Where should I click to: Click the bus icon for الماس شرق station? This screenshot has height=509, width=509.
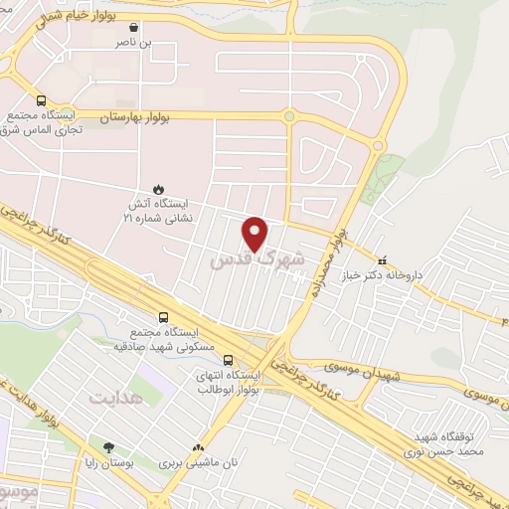coord(41,100)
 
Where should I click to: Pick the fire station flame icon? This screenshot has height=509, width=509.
coord(156,188)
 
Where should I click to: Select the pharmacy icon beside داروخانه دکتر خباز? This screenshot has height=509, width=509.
coord(381,263)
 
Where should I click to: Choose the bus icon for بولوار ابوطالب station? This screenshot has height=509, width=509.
coord(229,361)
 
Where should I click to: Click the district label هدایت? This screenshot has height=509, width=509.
coord(117,399)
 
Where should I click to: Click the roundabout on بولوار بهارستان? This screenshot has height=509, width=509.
coord(289,116)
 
